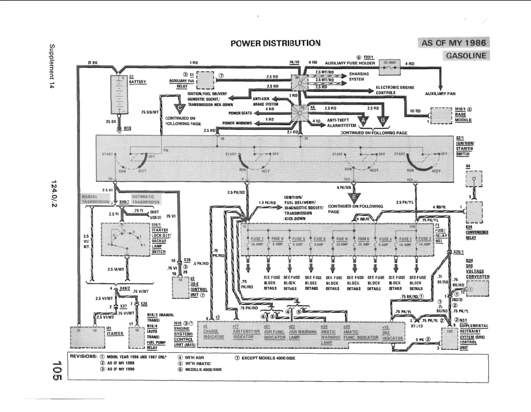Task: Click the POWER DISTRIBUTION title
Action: click(x=276, y=43)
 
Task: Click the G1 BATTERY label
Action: click(x=137, y=79)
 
